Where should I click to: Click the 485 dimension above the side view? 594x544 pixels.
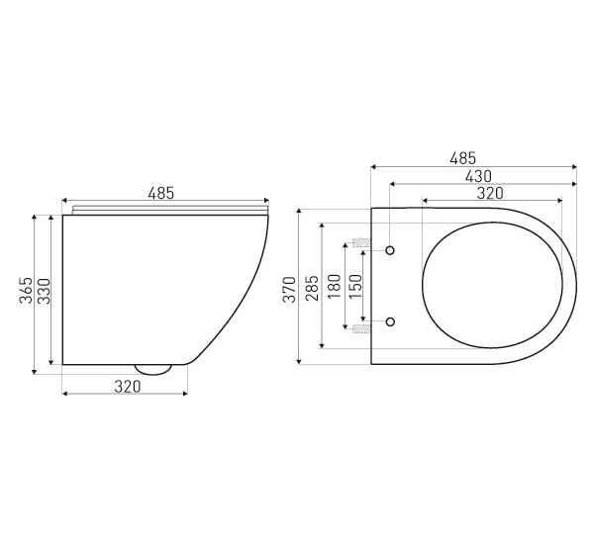(x=161, y=194)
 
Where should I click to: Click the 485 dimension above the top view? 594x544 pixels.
(x=463, y=158)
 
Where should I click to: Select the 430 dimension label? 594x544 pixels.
(x=478, y=176)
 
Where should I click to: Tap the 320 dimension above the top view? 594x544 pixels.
(x=490, y=194)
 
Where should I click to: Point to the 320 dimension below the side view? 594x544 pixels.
(x=128, y=387)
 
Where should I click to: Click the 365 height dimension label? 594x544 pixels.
(x=26, y=291)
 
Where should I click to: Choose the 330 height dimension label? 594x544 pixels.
(x=44, y=291)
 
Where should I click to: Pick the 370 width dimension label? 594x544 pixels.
(x=289, y=289)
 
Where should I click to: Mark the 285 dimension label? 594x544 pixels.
(x=312, y=288)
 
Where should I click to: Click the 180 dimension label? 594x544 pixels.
(x=335, y=286)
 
